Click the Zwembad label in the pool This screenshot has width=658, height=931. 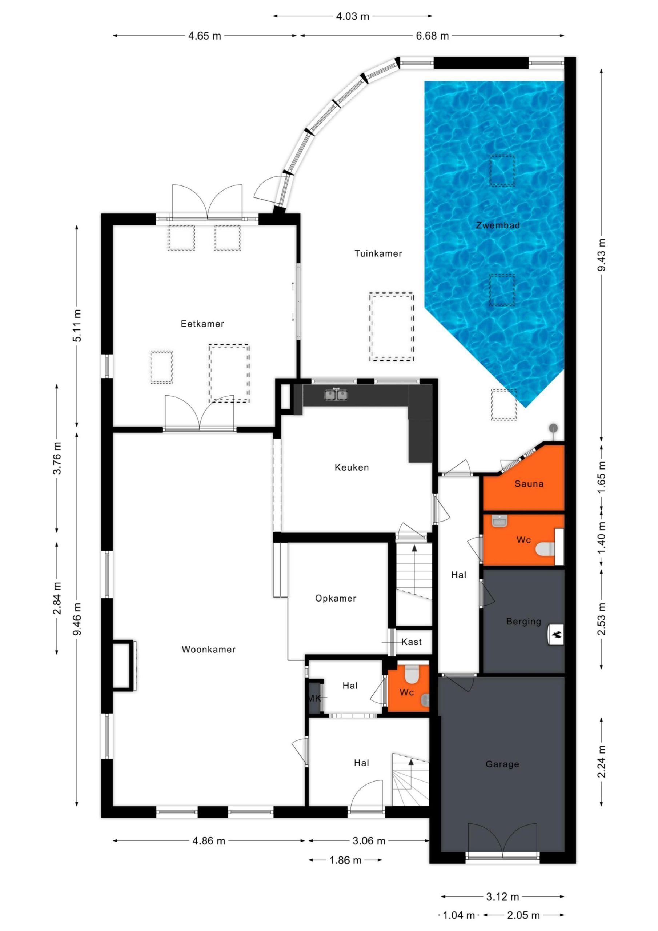[497, 225]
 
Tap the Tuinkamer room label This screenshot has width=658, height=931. [378, 254]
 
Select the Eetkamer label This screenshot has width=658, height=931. [202, 324]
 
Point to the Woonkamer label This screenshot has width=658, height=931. [208, 649]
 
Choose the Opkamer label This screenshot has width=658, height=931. [336, 598]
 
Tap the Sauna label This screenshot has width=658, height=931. [529, 484]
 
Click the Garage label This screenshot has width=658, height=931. [502, 764]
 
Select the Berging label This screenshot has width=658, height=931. [524, 622]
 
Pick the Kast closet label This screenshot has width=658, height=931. [412, 642]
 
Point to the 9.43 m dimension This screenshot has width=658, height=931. [602, 255]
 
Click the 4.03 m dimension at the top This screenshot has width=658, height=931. [353, 16]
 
